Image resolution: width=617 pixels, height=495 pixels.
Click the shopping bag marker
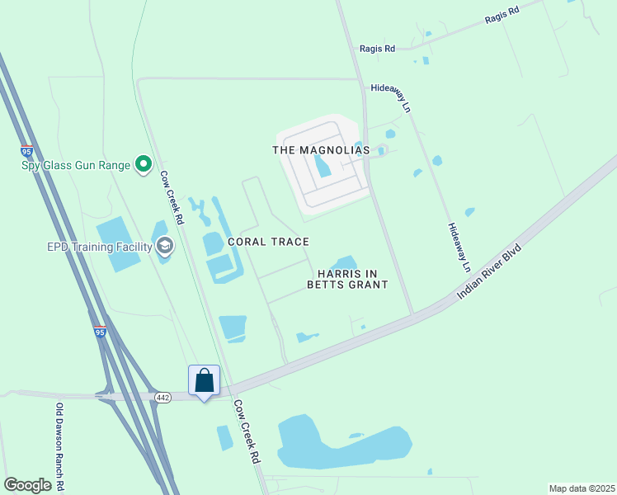click(x=205, y=381)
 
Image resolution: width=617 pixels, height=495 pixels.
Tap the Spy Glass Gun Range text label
click(x=76, y=165)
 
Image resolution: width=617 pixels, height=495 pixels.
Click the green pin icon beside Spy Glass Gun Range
click(x=144, y=165)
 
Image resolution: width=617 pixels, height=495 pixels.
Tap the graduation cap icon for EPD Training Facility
click(x=165, y=246)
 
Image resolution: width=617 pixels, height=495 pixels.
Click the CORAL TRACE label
click(x=276, y=242)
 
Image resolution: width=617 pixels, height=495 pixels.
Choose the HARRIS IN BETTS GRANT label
click(x=347, y=278)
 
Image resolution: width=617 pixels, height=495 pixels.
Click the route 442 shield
click(x=162, y=398)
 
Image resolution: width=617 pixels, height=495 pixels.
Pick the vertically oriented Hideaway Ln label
click(x=459, y=247)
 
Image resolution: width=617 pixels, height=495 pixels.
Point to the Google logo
click(x=27, y=485)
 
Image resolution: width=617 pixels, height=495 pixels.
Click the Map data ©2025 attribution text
click(x=582, y=488)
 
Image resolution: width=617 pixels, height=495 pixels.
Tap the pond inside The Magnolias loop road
click(x=322, y=167)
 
